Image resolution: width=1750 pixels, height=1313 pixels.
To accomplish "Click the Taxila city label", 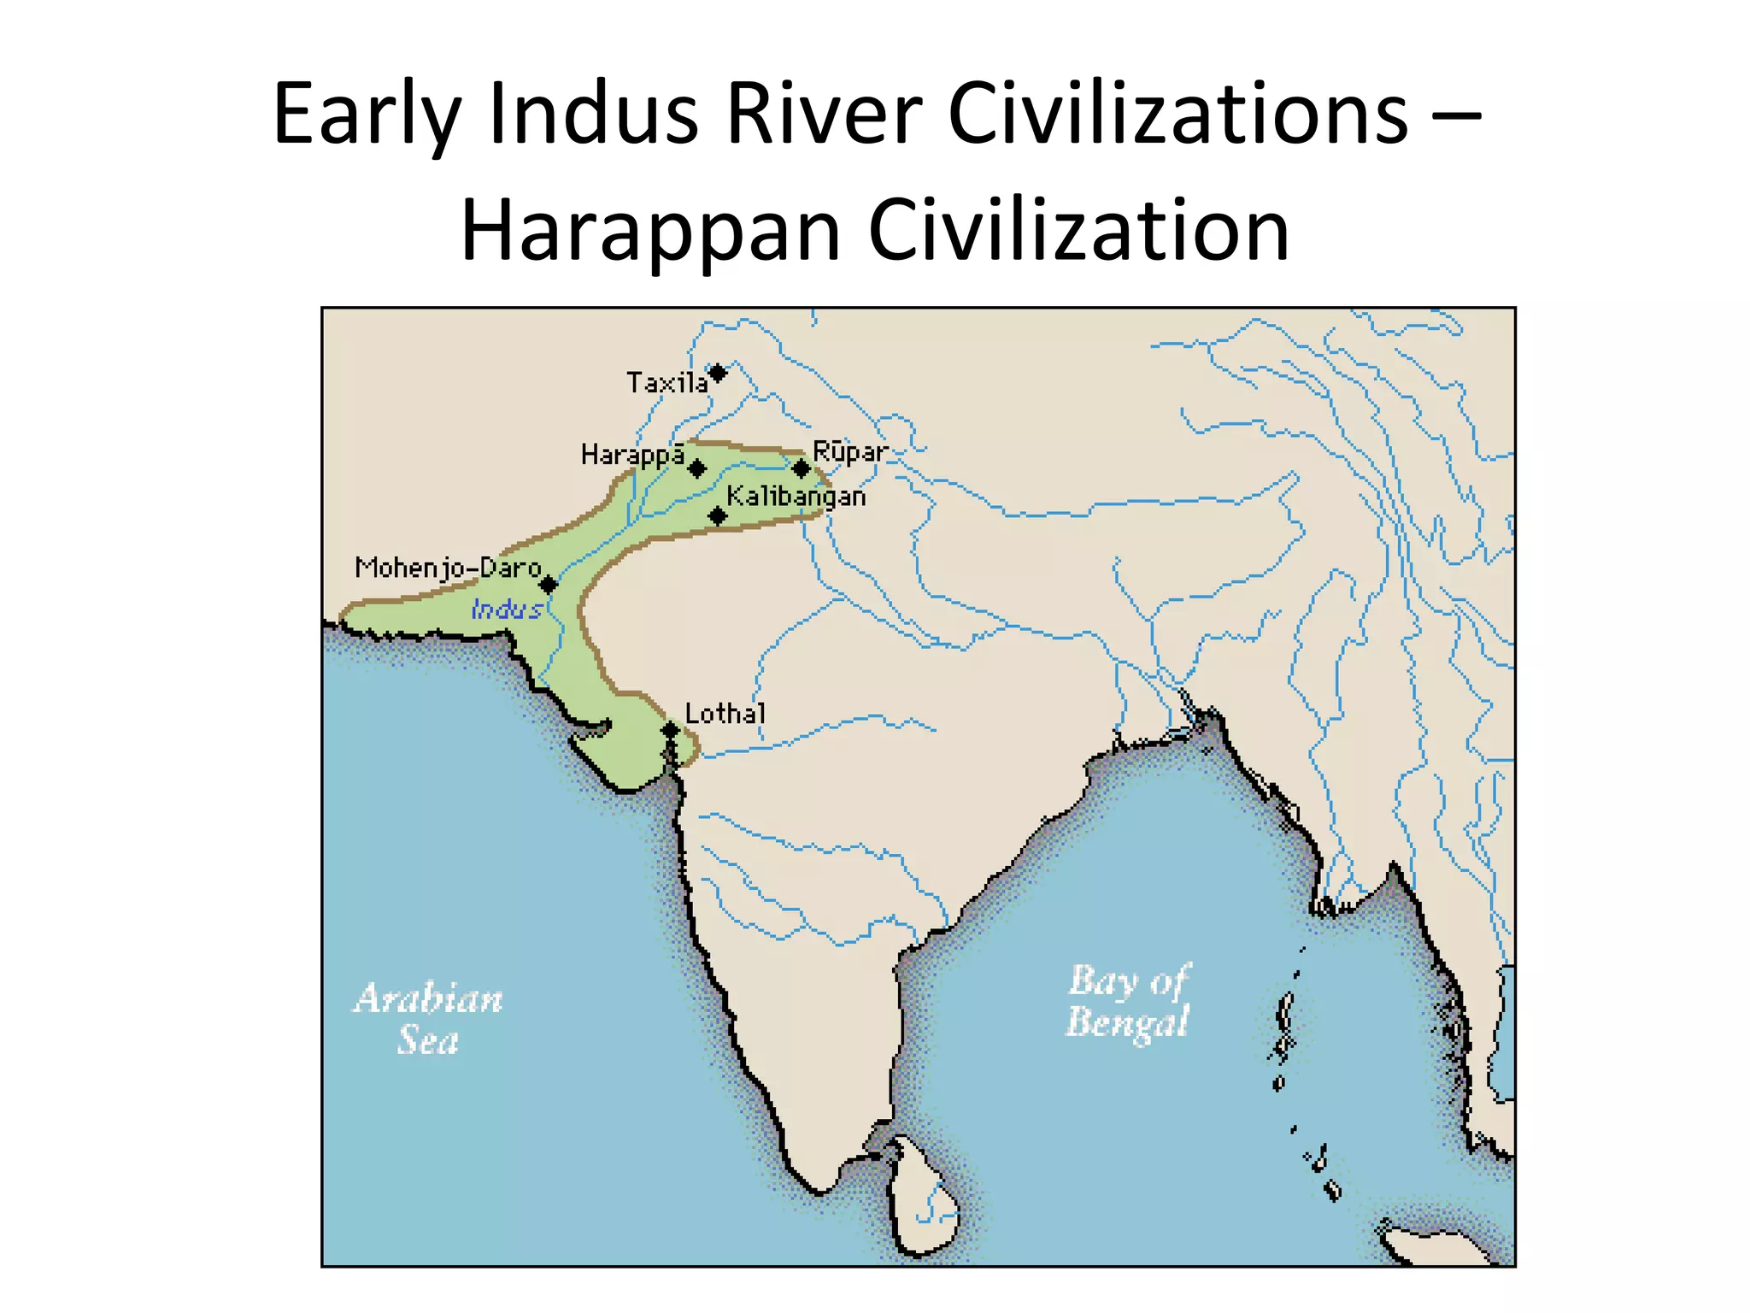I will point(667,382).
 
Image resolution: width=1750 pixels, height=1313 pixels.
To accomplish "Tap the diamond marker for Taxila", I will point(719,373).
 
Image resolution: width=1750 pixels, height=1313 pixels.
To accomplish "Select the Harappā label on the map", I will point(632,455).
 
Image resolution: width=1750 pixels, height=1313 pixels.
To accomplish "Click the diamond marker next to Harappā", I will point(697,468).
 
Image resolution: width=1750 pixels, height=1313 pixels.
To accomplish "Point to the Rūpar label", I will point(849,450).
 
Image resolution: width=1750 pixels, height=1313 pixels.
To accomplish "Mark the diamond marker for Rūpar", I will point(801,468).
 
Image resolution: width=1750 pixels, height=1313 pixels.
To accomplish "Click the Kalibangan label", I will point(796,497).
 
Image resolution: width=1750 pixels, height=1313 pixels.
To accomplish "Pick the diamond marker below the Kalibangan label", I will point(718,516).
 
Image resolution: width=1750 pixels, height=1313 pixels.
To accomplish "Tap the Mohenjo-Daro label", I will point(449,568).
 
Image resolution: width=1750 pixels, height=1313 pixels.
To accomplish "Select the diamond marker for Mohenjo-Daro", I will point(549,585).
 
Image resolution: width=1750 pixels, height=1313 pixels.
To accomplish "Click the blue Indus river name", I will point(507,609).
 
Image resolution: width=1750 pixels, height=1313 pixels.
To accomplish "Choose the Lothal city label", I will point(725,713).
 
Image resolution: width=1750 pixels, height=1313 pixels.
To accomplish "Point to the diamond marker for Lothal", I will point(671,731).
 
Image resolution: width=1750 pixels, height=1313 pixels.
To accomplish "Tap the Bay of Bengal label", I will point(1128,1000).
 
